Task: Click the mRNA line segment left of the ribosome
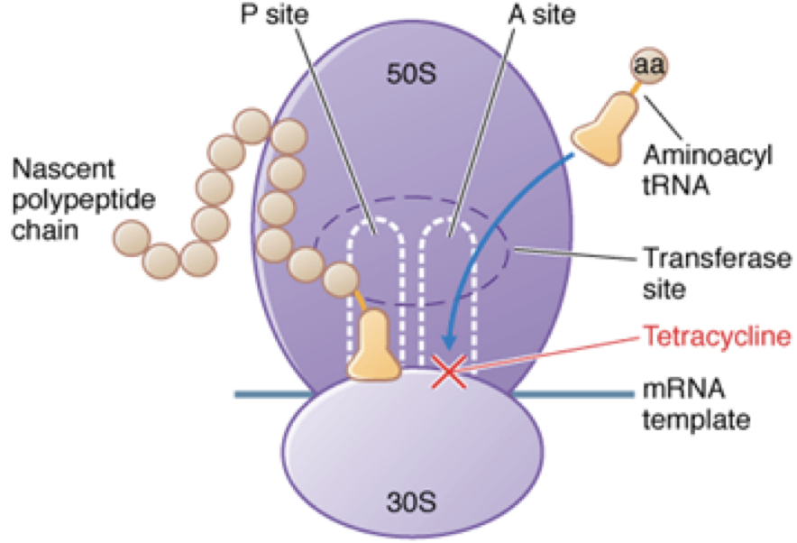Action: pyautogui.click(x=270, y=394)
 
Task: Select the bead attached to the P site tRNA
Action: pyautogui.click(x=342, y=281)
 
